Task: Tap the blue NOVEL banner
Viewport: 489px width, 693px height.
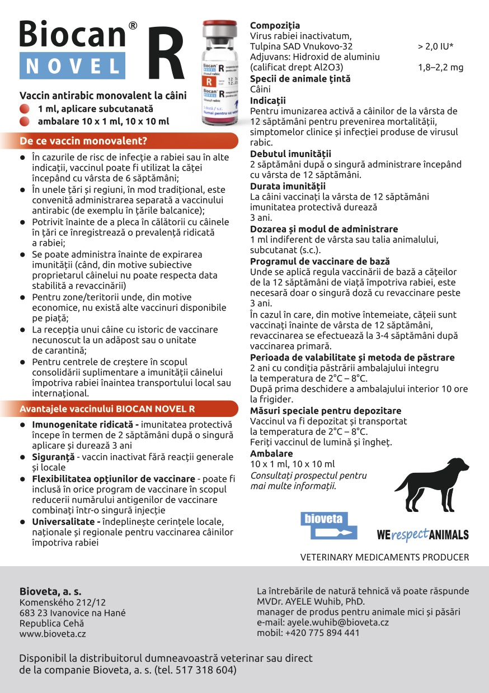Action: point(72,66)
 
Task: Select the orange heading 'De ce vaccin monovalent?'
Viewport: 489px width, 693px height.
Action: point(83,140)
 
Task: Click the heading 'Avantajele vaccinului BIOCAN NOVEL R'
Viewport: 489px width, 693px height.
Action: point(107,409)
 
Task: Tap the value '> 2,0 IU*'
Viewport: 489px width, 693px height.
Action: point(435,46)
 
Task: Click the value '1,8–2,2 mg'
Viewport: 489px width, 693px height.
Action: point(441,68)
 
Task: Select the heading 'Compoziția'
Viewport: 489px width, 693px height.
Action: point(275,25)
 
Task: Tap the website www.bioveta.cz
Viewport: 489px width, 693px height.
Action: point(53,634)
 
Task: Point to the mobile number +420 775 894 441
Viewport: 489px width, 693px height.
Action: point(322,633)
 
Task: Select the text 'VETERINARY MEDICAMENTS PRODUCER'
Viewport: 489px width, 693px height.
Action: point(384,557)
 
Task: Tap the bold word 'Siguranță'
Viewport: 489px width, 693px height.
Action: point(53,457)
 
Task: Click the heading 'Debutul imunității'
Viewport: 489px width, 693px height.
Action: point(290,153)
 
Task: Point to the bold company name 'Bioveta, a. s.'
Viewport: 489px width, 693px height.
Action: point(50,591)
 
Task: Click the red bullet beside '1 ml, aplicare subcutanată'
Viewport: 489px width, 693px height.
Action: point(24,109)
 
